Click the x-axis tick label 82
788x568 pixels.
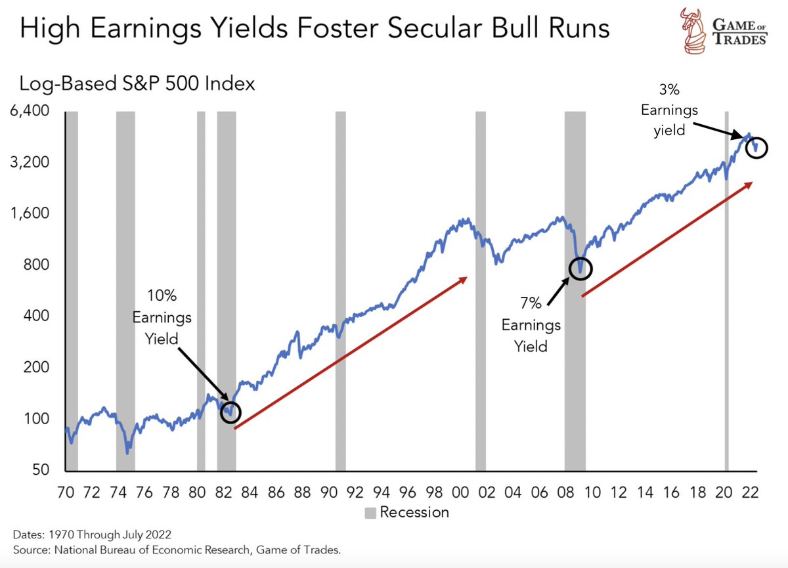[x=223, y=492]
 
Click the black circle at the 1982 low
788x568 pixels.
[x=230, y=412]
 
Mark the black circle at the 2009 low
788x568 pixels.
[x=580, y=268]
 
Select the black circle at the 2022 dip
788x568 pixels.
[x=757, y=148]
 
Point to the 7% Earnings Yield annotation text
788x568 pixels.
[x=531, y=324]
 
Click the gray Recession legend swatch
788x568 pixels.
[x=371, y=512]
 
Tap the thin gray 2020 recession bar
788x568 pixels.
[x=727, y=289]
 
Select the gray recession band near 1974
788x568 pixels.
[x=125, y=289]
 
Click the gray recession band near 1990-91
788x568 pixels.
[x=340, y=289]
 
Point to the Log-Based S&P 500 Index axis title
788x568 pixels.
[x=137, y=84]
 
